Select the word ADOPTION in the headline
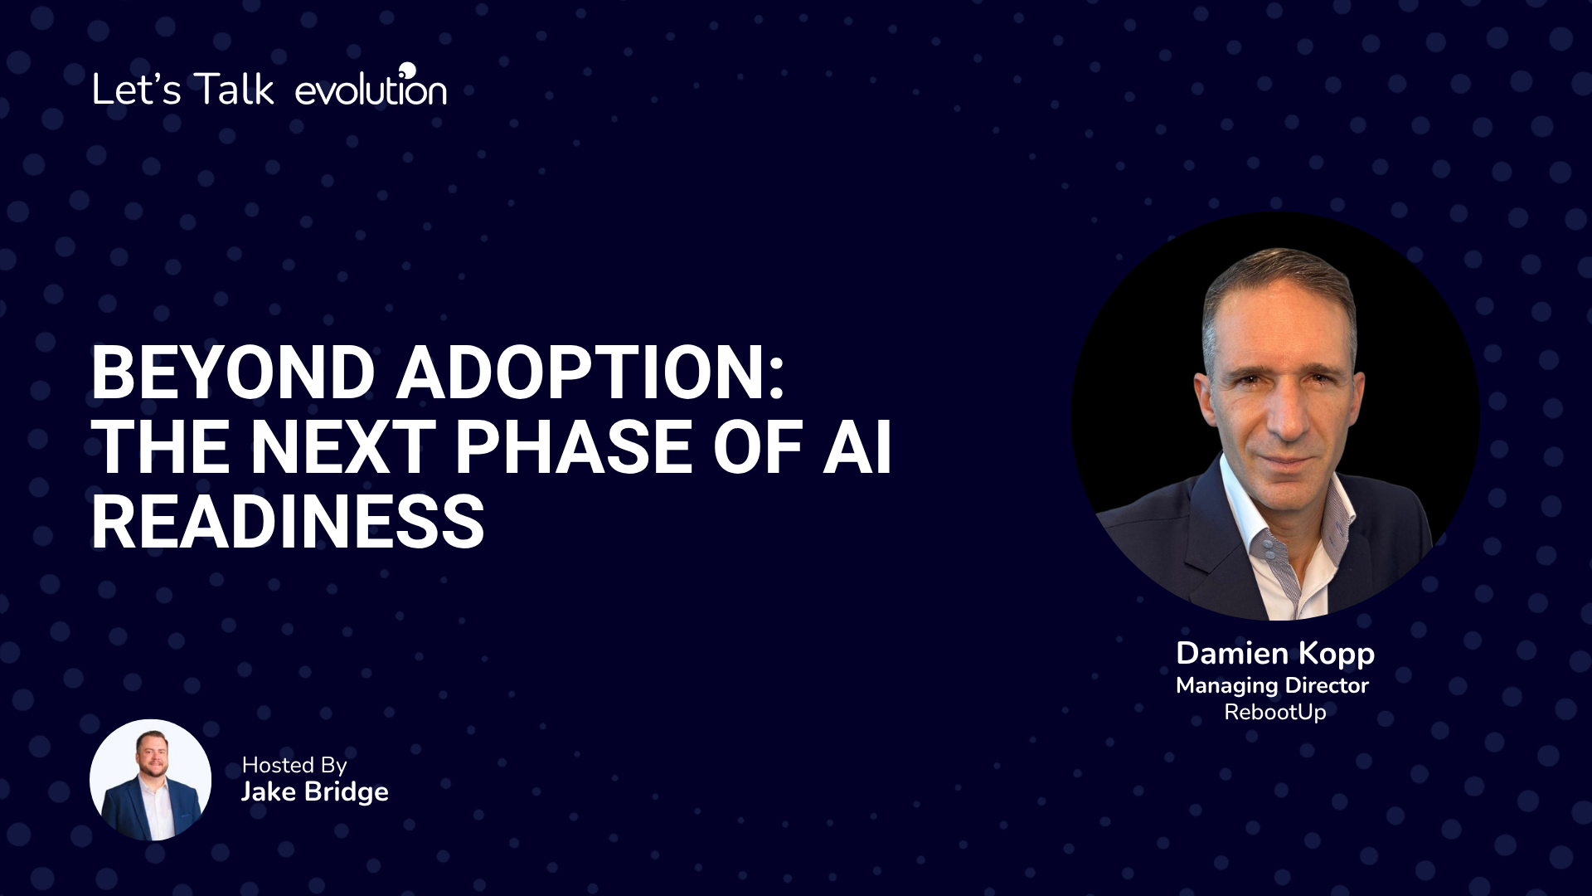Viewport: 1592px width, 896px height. point(590,373)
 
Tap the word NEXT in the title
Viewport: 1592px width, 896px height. point(343,447)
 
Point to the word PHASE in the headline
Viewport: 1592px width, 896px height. point(574,447)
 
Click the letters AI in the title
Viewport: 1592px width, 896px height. point(857,447)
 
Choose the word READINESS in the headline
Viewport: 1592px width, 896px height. point(288,522)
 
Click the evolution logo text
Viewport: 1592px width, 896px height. point(371,86)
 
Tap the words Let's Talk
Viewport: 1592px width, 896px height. point(183,89)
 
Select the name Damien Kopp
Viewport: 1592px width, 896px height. point(1275,654)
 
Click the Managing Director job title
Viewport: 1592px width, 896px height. point(1273,686)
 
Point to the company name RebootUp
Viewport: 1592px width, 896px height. point(1275,712)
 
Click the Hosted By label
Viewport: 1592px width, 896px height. point(294,766)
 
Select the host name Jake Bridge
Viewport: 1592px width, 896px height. point(315,791)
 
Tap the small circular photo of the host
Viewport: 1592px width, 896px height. point(150,780)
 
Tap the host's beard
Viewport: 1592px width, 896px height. point(152,767)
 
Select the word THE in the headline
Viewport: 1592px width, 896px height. point(161,447)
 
